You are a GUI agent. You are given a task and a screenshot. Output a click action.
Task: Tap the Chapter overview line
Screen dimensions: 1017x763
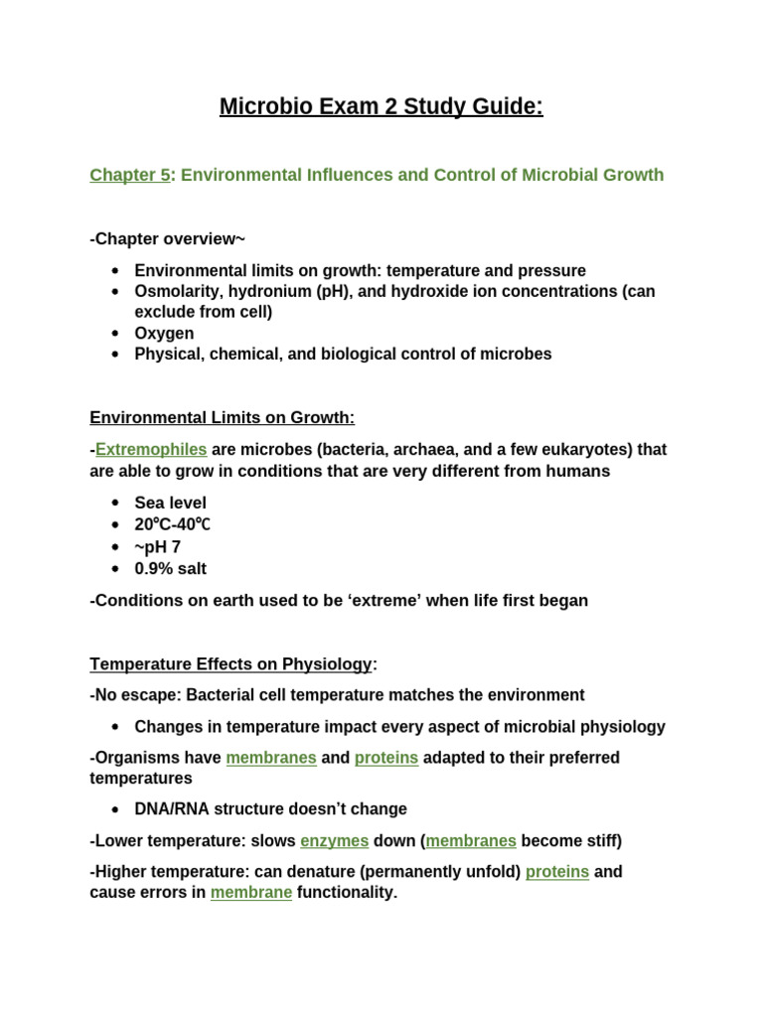167,238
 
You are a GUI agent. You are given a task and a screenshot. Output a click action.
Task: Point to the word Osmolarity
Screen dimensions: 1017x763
175,291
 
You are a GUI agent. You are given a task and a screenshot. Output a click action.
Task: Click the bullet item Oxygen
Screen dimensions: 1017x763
164,333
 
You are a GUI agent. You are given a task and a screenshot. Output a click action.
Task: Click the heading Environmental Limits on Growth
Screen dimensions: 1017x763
222,417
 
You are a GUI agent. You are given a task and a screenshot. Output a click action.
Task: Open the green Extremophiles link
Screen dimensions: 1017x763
151,449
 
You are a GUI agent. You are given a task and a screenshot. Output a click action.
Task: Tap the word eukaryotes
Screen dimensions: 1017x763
587,449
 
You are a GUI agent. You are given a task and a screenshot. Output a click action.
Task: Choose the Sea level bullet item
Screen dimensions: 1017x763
170,503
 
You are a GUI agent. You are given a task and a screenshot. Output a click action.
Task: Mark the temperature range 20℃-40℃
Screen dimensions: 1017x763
173,524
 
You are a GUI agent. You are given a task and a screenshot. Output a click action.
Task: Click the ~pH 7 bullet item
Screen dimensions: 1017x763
157,546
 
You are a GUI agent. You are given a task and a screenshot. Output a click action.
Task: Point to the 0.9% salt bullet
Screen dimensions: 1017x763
170,568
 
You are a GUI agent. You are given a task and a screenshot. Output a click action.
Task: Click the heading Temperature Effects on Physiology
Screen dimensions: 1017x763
230,663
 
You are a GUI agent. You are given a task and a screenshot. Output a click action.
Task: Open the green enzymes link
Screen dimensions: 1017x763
334,840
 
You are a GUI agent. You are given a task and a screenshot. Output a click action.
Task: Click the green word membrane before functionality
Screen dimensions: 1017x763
250,892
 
